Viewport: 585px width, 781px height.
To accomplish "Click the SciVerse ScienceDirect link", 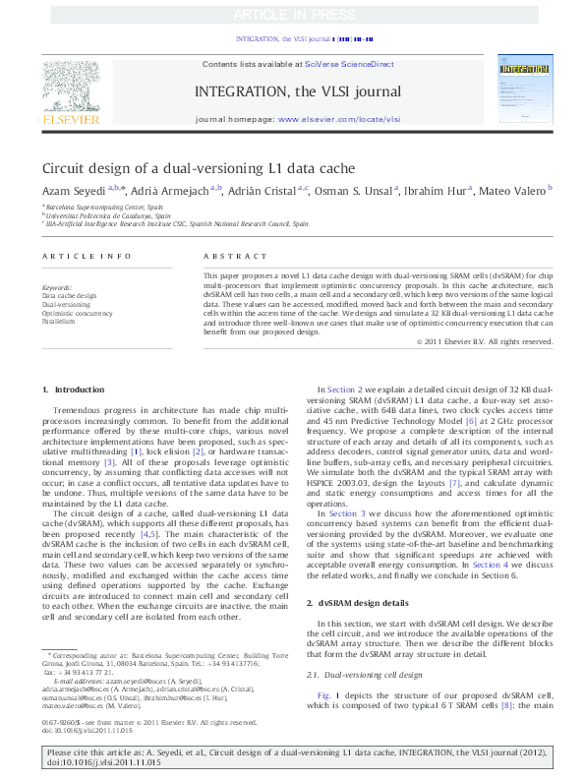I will click(348, 64).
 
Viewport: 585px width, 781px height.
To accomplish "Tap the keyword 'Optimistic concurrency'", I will click(77, 313).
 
